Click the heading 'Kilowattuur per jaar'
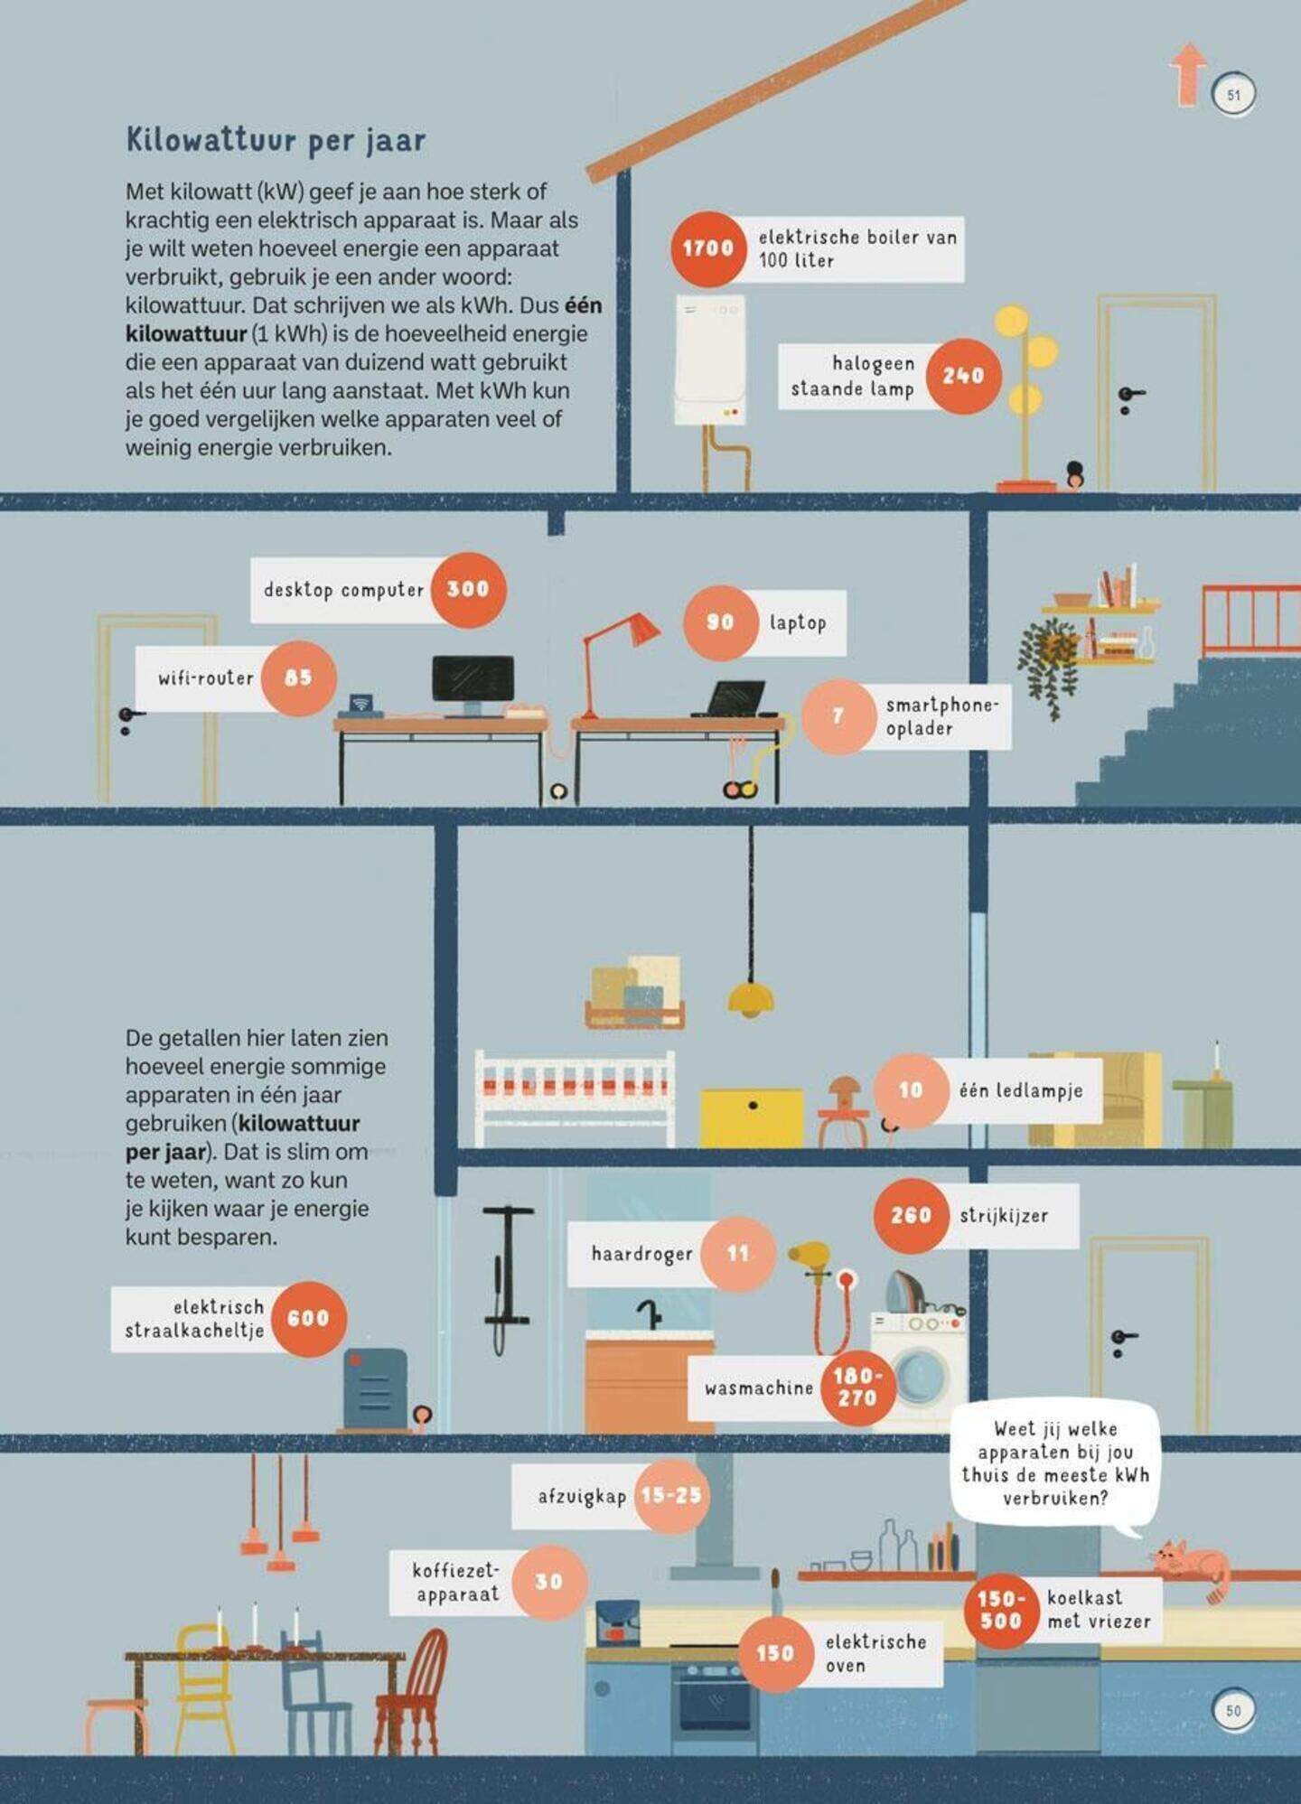pyautogui.click(x=276, y=140)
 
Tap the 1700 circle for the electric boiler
pyautogui.click(x=707, y=248)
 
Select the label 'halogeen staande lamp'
pyautogui.click(x=853, y=376)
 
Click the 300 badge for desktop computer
pyautogui.click(x=468, y=589)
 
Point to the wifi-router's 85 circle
pyautogui.click(x=298, y=678)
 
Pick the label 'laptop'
pyautogui.click(x=798, y=622)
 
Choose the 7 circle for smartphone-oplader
pyautogui.click(x=838, y=716)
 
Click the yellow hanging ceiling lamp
pyautogui.click(x=751, y=997)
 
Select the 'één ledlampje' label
pyautogui.click(x=1021, y=1090)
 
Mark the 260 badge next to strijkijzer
pyautogui.click(x=911, y=1215)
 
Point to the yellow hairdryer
pyautogui.click(x=810, y=1258)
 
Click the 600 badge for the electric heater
pyautogui.click(x=308, y=1318)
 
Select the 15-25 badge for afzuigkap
pyautogui.click(x=671, y=1495)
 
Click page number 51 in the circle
pyautogui.click(x=1234, y=94)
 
